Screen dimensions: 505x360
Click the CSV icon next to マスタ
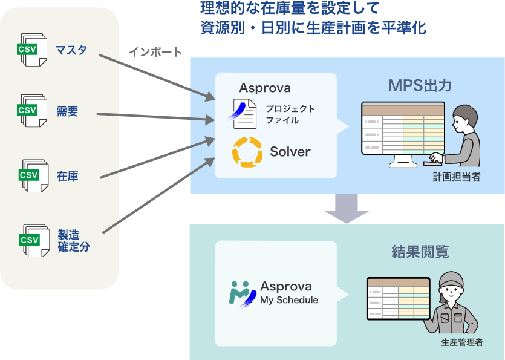click(32, 50)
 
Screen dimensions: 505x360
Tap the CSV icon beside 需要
click(32, 111)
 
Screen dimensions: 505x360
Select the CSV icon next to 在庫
click(33, 175)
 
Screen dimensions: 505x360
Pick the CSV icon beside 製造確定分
click(34, 241)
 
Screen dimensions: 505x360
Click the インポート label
click(155, 52)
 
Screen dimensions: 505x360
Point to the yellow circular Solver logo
click(247, 152)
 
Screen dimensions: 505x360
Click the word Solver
click(290, 152)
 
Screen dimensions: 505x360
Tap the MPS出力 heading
click(420, 85)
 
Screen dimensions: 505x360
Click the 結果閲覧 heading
click(420, 252)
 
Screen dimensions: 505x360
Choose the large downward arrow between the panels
click(347, 209)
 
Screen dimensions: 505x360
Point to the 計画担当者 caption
click(457, 177)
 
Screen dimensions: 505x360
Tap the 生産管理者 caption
click(462, 342)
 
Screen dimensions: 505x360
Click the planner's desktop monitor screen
click(403, 128)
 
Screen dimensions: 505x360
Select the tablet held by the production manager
click(399, 298)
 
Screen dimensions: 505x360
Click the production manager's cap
click(452, 280)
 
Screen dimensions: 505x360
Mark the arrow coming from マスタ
click(157, 77)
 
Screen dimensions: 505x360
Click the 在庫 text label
click(68, 176)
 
